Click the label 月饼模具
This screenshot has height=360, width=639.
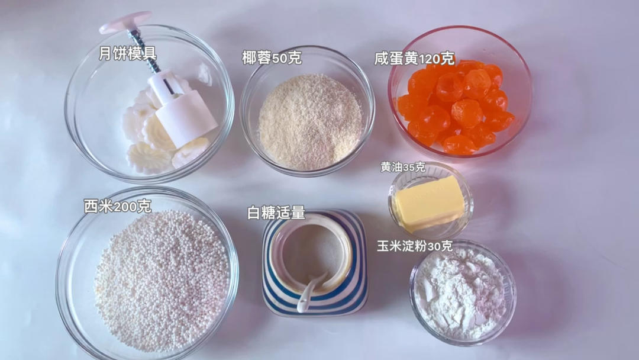tap(128, 53)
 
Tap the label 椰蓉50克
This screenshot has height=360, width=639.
tap(272, 57)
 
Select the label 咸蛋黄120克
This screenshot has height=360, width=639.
tap(414, 59)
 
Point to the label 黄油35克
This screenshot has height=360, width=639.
tap(403, 167)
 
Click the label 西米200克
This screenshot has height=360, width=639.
tap(118, 206)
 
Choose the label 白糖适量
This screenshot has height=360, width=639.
tap(276, 213)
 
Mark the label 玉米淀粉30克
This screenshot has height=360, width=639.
tap(414, 246)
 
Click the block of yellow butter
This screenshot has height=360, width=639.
tap(429, 202)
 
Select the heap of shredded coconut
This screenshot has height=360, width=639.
tap(311, 121)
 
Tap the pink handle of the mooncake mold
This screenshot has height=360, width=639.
tap(125, 22)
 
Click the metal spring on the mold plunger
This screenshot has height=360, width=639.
tap(143, 50)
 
